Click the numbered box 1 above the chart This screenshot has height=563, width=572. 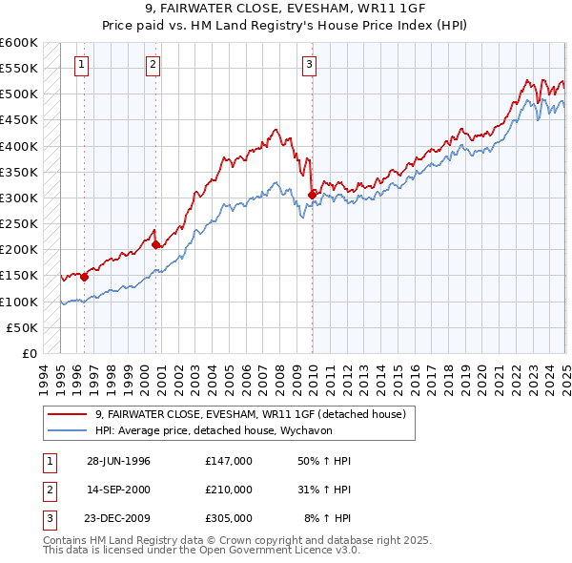[81, 65]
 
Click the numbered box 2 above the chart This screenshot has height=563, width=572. [153, 65]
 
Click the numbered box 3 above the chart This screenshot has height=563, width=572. [310, 65]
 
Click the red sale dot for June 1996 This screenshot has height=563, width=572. [84, 278]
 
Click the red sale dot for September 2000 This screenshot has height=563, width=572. [156, 245]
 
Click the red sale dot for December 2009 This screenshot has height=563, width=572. [312, 196]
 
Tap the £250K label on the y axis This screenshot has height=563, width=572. [19, 224]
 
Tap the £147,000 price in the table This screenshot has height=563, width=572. [229, 461]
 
